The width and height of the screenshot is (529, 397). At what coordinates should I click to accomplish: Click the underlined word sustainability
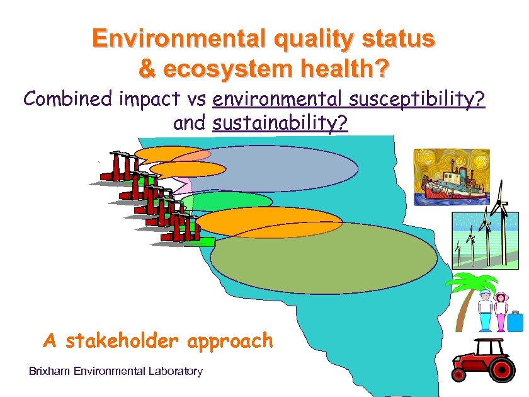point(280,123)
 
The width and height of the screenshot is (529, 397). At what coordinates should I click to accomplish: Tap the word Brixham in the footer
point(49,371)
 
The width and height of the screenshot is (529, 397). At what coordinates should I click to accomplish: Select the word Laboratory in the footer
point(173,371)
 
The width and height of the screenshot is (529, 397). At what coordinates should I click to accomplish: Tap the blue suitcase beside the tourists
point(516,321)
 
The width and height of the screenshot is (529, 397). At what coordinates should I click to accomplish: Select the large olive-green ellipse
point(323,258)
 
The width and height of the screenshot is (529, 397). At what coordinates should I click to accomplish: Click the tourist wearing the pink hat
point(501,309)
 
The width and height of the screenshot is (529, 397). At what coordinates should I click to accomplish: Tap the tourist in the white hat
point(485,309)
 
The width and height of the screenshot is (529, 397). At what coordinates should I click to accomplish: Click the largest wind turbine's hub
point(498,203)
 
